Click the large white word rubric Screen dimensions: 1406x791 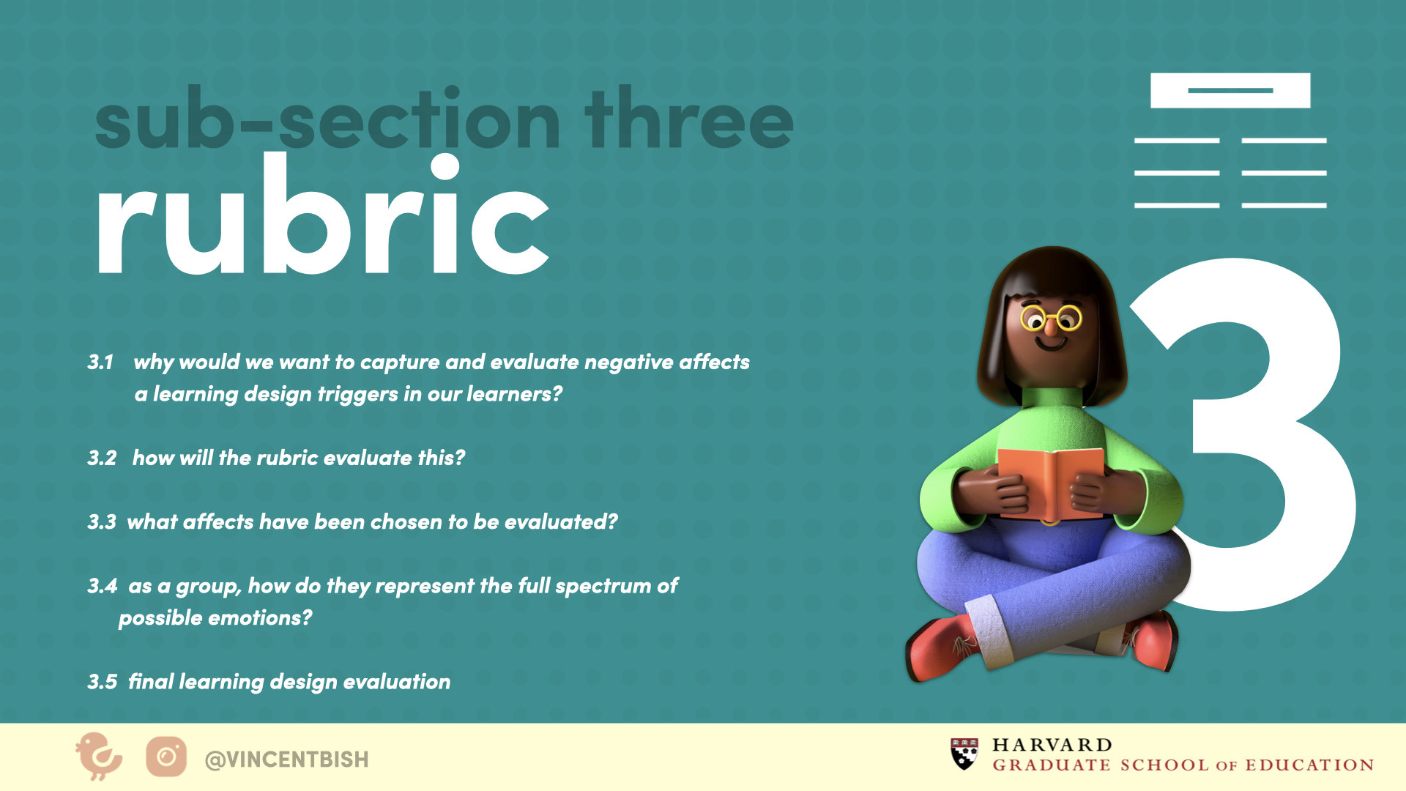[322, 214]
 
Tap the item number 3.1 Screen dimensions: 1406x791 [100, 362]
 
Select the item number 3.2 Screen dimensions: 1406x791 [102, 458]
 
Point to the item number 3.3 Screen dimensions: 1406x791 [102, 522]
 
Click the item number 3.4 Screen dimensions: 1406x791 [102, 586]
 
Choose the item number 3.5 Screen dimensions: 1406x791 [102, 682]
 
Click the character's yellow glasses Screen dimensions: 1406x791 [1052, 319]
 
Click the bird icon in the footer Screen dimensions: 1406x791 [99, 757]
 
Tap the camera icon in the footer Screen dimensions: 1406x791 [166, 757]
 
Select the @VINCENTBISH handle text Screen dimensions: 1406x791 [286, 760]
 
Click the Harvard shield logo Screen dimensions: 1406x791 [964, 754]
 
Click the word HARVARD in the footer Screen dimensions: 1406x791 [1052, 745]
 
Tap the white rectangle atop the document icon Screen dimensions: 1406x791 [1230, 91]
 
